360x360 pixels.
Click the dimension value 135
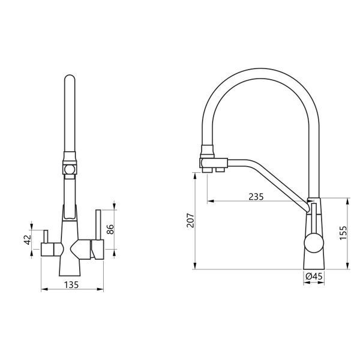click(x=71, y=284)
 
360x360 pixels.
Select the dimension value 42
click(x=28, y=239)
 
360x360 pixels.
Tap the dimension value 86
click(x=110, y=229)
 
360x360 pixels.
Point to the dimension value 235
click(x=256, y=197)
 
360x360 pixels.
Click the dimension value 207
click(x=190, y=220)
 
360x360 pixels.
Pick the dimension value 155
click(x=343, y=233)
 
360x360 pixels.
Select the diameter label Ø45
click(x=314, y=277)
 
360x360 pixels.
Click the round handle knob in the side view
click(x=314, y=243)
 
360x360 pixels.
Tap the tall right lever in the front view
click(x=98, y=224)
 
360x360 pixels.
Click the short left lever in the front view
click(x=46, y=236)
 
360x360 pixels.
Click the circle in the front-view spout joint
click(x=70, y=170)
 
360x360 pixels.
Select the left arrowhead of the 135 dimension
click(x=44, y=289)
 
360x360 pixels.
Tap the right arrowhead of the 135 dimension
click(x=100, y=289)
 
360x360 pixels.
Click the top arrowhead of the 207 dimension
click(x=195, y=176)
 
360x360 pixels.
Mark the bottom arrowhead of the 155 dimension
click(x=347, y=266)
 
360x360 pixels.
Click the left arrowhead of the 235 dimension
click(x=211, y=201)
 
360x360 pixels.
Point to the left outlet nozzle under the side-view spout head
click(x=208, y=170)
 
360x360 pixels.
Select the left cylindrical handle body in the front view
click(x=47, y=249)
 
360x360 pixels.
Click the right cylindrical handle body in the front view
click(x=97, y=250)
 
